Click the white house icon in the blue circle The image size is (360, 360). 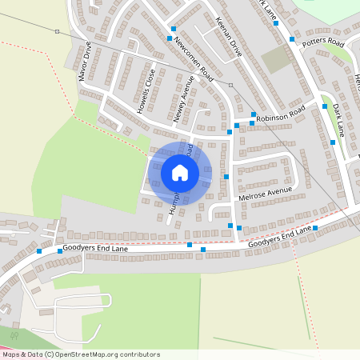tap(180, 173)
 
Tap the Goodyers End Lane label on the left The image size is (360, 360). tap(92, 250)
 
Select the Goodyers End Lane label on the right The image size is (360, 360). tap(279, 236)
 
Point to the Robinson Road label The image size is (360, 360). tap(280, 113)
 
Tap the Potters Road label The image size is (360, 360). tap(322, 42)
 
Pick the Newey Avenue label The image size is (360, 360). tap(184, 100)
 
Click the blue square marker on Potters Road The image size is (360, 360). tap(293, 38)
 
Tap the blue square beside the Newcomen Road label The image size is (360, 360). tap(170, 38)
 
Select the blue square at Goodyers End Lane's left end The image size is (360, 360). tap(39, 251)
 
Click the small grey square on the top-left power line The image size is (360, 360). tap(57, 32)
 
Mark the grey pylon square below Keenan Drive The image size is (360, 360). tap(230, 84)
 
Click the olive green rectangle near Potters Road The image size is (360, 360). tap(274, 59)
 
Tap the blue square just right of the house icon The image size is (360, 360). tap(226, 176)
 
